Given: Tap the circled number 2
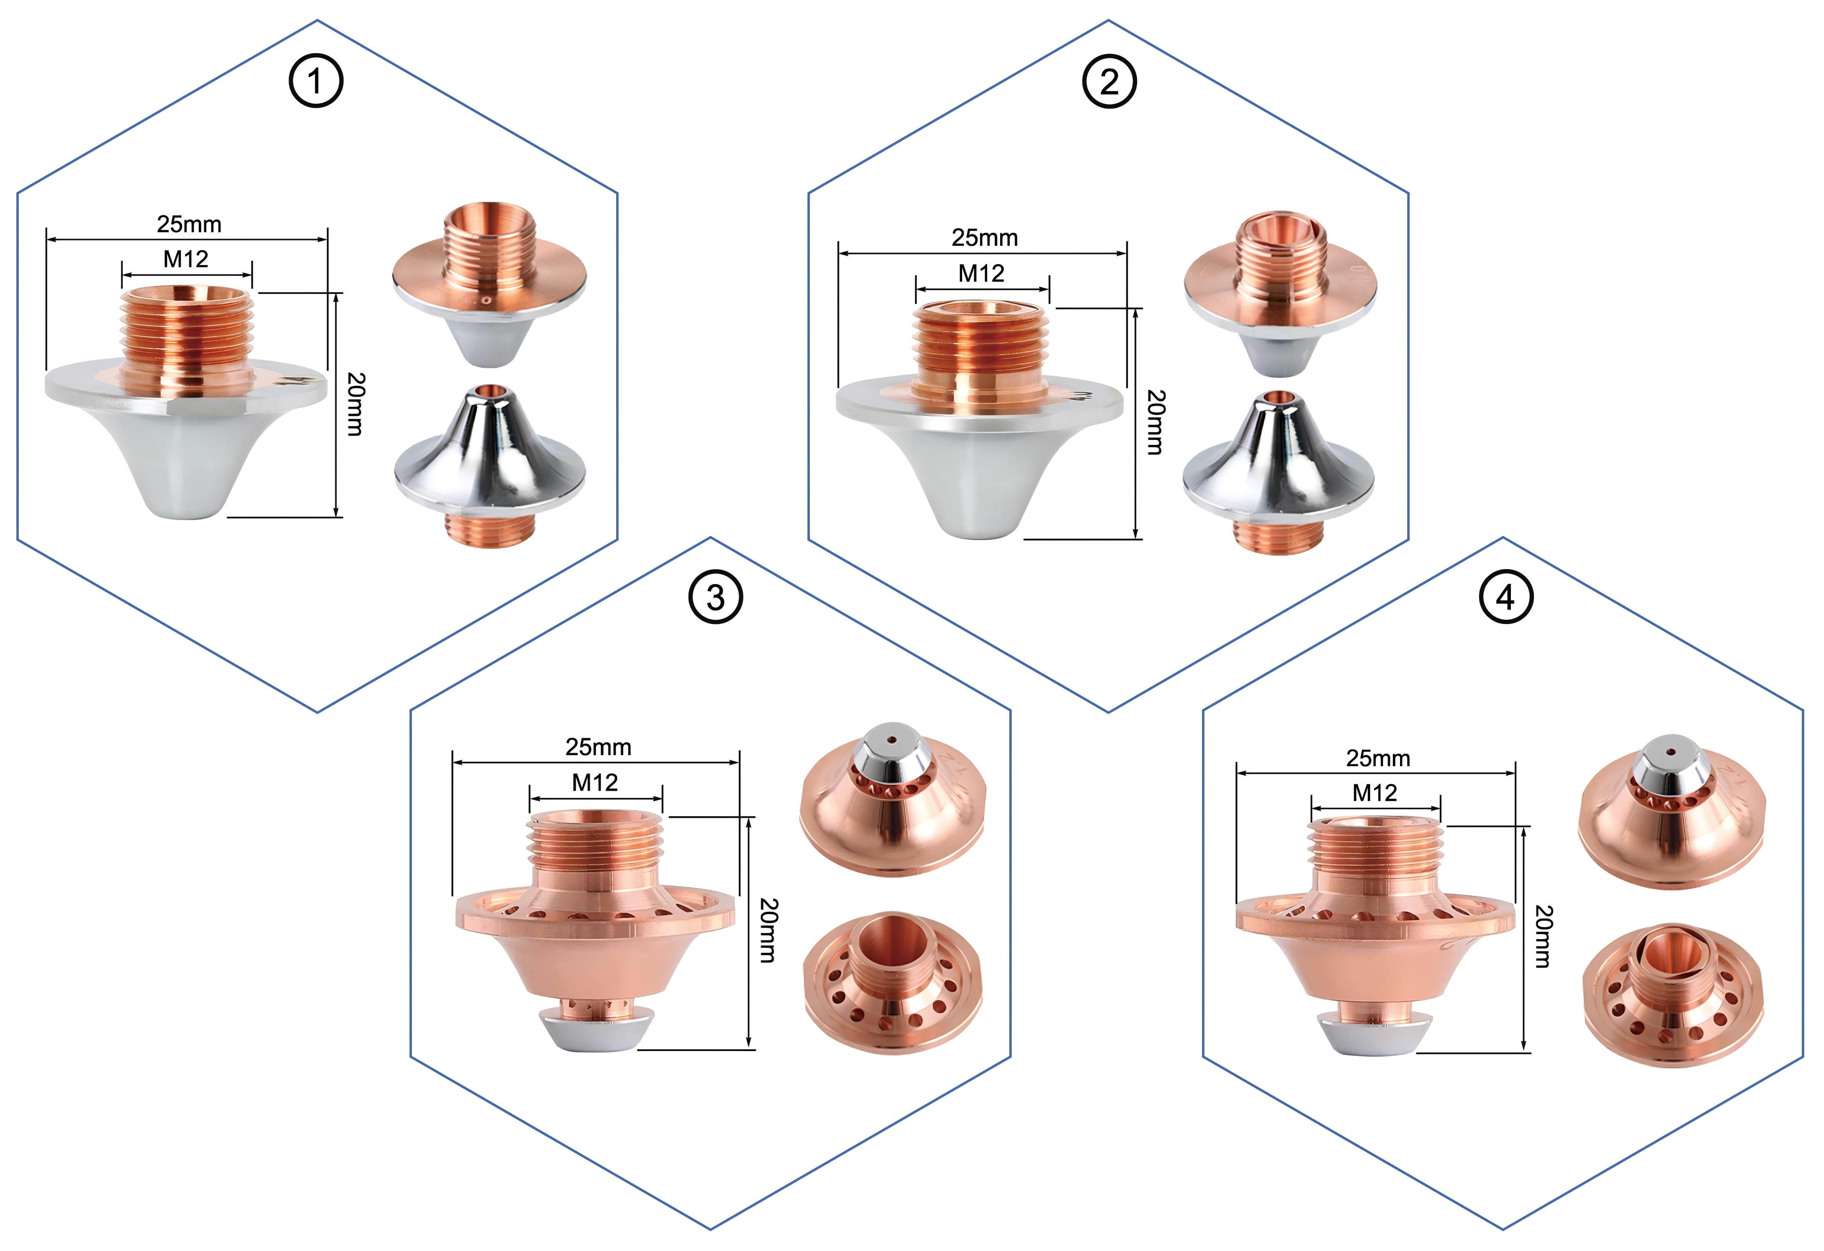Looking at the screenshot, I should pos(1109,81).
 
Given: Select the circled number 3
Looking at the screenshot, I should pos(715,598).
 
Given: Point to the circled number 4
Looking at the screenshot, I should pos(1506,598).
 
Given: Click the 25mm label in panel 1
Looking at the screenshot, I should pos(189,225).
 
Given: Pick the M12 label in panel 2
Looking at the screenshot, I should pos(981,274).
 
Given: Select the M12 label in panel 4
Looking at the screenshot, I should pos(1375,794).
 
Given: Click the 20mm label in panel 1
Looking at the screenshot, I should pos(356,404).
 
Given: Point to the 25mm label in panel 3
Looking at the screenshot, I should pos(598,747).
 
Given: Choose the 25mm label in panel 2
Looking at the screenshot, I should pos(984,238).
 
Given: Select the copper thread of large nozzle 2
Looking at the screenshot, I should pos(979,346).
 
